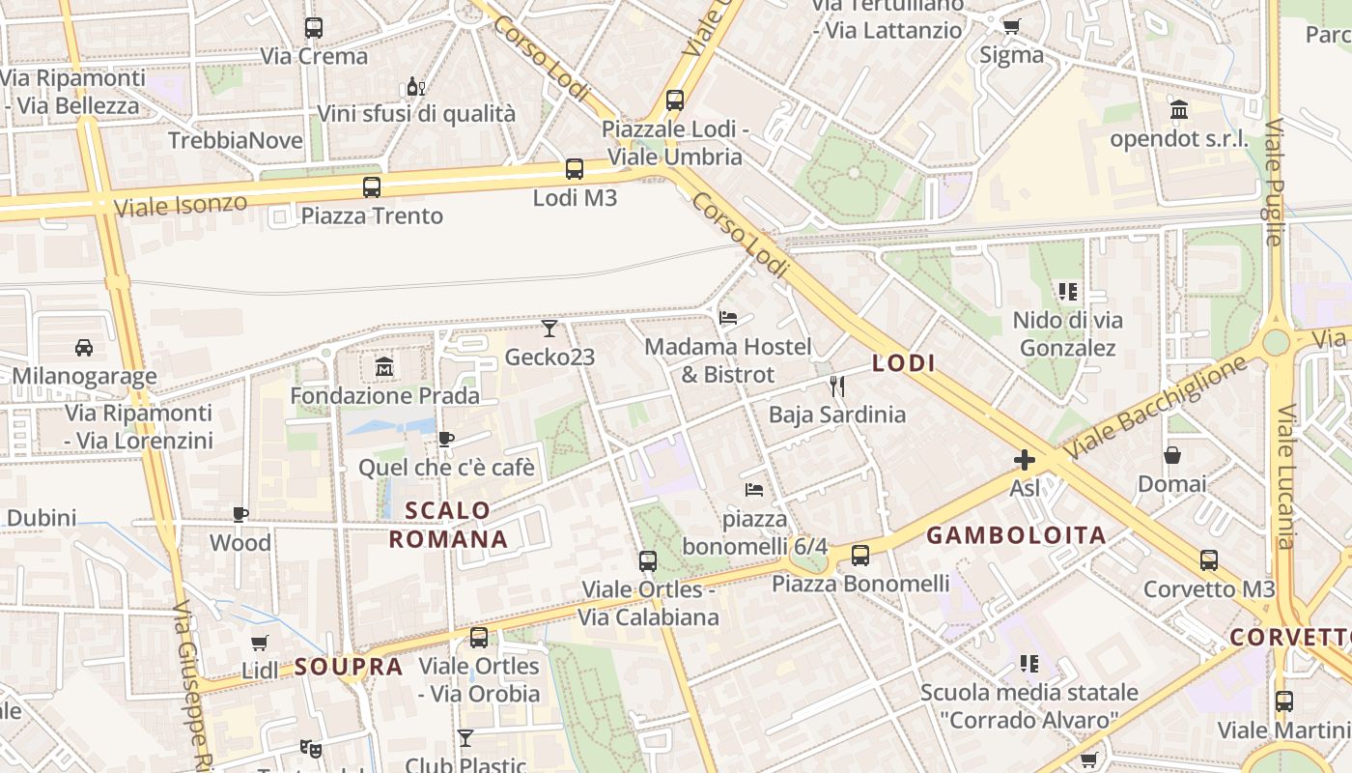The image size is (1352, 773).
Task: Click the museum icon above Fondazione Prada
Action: click(x=384, y=367)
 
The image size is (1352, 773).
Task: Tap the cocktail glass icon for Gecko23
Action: click(x=549, y=329)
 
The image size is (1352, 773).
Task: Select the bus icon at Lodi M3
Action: click(x=575, y=169)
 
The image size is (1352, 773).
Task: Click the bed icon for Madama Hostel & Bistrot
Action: click(x=728, y=317)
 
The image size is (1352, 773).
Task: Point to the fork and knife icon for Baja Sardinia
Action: click(x=837, y=386)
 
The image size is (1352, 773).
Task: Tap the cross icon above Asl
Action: click(x=1024, y=460)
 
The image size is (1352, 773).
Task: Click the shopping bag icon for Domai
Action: click(x=1172, y=455)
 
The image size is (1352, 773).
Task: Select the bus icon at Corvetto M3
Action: click(x=1209, y=560)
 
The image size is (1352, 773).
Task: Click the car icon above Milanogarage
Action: click(x=84, y=348)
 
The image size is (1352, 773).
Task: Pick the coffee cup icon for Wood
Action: click(x=240, y=514)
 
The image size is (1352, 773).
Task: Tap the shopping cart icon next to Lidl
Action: click(x=259, y=643)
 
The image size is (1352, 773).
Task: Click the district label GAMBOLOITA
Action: click(x=1016, y=535)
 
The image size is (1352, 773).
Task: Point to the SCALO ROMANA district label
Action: click(x=448, y=525)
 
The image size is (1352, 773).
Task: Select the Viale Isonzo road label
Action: click(x=181, y=205)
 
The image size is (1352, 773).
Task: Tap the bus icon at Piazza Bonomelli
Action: click(x=860, y=556)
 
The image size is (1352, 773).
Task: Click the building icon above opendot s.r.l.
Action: click(x=1179, y=110)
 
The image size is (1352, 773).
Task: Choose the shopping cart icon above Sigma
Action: click(x=1011, y=26)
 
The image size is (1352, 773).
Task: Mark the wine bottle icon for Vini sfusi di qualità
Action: click(x=416, y=86)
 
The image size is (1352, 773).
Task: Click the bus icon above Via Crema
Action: click(x=314, y=28)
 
